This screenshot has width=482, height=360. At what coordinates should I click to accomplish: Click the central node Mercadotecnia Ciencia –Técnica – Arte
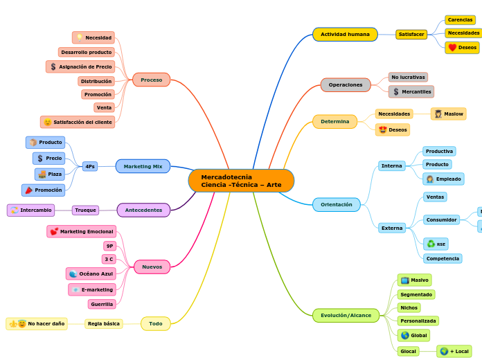click(x=241, y=181)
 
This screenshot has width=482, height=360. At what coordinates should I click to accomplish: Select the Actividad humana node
click(x=345, y=34)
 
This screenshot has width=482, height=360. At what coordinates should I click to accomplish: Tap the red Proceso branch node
click(x=151, y=80)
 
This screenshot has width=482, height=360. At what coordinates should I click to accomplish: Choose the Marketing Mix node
click(x=143, y=166)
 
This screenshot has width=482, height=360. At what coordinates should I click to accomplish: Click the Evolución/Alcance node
click(x=346, y=315)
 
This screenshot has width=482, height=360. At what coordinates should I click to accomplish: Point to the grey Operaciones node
click(x=346, y=84)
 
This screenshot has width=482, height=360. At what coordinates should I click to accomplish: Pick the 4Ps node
click(x=89, y=166)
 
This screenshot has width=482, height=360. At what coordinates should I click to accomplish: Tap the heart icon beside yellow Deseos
click(x=452, y=48)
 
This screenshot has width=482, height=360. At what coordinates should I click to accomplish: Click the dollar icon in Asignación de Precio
click(x=53, y=66)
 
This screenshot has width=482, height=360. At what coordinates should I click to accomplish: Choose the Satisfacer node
click(x=411, y=34)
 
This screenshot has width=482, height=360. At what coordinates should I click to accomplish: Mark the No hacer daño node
click(x=37, y=323)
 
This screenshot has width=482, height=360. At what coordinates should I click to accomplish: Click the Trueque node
click(x=85, y=210)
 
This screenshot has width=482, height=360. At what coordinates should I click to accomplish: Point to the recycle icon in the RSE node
click(x=431, y=244)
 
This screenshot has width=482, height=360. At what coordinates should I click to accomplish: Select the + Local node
click(x=454, y=351)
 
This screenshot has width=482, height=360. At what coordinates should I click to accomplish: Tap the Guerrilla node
click(x=102, y=304)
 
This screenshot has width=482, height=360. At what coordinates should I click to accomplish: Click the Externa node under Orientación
click(x=392, y=228)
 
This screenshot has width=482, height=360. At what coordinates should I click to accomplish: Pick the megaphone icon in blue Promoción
click(x=29, y=190)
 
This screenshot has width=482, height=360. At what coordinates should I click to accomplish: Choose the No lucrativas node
click(x=408, y=77)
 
